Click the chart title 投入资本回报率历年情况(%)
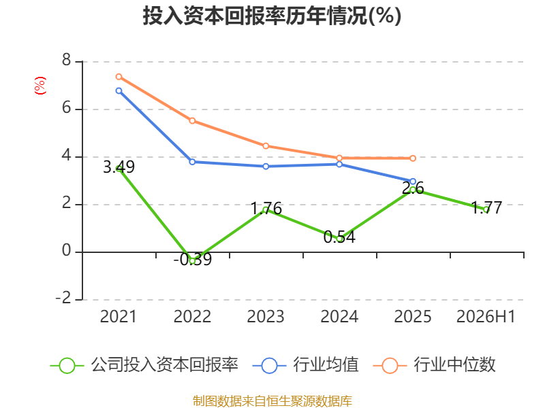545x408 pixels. click(272, 16)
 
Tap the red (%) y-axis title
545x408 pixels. click(40, 86)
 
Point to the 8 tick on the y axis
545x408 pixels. click(66, 61)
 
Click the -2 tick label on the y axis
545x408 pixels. click(63, 298)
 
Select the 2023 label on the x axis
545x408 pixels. click(266, 316)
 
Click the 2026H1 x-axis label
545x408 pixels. click(486, 316)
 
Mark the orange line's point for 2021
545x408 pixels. click(119, 77)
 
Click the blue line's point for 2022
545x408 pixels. click(192, 162)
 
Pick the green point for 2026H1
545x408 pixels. click(486, 209)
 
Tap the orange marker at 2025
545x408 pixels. click(413, 158)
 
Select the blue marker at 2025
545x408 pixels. click(413, 182)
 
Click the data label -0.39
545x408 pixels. click(193, 260)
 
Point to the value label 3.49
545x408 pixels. click(119, 167)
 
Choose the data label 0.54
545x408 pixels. click(339, 237)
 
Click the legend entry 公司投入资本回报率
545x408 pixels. click(144, 365)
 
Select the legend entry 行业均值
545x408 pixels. click(305, 365)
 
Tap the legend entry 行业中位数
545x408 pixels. click(434, 365)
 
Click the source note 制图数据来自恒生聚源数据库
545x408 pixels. click(272, 401)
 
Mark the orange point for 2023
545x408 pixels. click(266, 146)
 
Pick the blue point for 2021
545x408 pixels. click(119, 91)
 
